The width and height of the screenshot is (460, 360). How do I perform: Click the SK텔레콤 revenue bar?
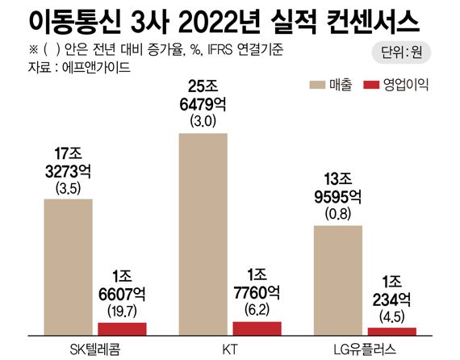(x=68, y=266)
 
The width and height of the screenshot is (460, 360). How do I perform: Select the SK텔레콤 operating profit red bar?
(x=122, y=329)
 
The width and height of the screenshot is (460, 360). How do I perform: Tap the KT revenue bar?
(x=203, y=234)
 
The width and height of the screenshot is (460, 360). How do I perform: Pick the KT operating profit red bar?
(x=257, y=328)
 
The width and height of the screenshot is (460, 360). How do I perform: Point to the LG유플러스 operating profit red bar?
(x=391, y=331)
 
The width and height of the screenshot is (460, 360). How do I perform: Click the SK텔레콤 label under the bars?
(x=94, y=348)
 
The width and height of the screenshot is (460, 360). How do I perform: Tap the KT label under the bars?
(x=229, y=348)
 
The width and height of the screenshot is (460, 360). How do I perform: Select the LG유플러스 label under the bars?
(x=365, y=348)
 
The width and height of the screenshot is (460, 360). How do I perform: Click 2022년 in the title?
(x=215, y=19)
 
